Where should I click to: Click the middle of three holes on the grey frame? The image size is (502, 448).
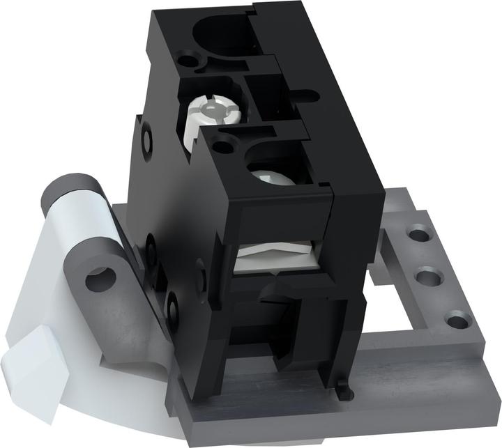pyautogui.click(x=427, y=278)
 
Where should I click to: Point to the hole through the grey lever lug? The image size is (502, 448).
pyautogui.click(x=99, y=279)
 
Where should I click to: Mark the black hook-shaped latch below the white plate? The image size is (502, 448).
pyautogui.click(x=275, y=291)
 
